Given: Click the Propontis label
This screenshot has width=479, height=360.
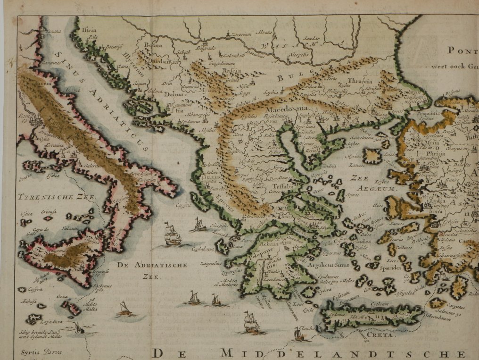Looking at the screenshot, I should coord(417,114).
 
